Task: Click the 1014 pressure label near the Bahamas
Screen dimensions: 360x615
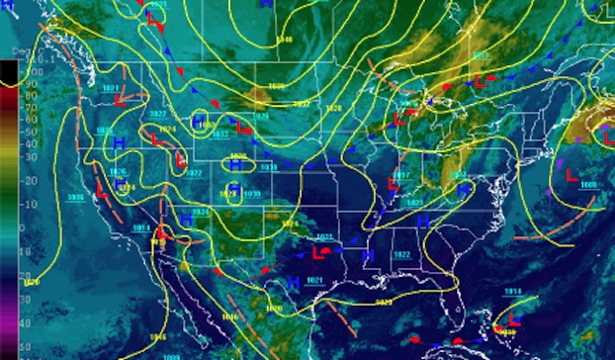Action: coord(512,292)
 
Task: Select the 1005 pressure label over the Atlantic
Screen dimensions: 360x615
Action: coord(588,184)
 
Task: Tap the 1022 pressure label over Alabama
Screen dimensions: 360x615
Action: coord(402,255)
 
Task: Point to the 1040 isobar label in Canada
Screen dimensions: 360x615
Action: coord(285,40)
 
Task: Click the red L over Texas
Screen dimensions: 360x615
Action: coord(317,255)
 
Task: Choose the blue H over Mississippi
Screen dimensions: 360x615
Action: coord(367,255)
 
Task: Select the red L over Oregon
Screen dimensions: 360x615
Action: coord(120,99)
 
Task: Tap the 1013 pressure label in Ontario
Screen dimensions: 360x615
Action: coord(405,104)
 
